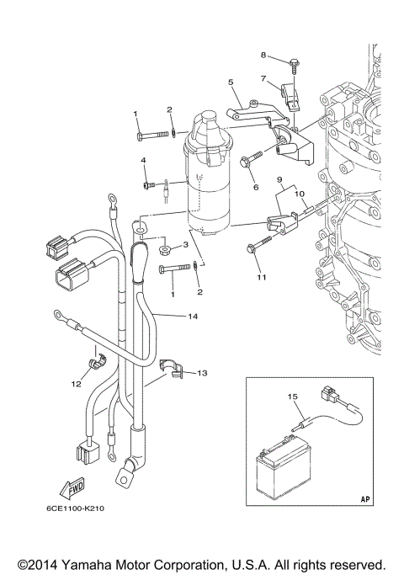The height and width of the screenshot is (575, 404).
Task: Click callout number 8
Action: coord(263,56)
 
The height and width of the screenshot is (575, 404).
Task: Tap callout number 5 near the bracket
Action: coord(229,82)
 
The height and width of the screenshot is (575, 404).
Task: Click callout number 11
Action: coord(261,277)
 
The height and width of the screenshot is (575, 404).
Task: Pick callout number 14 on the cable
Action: coord(193,317)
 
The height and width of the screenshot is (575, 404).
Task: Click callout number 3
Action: coord(185,244)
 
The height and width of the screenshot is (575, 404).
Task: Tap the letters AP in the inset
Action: coord(364,498)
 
